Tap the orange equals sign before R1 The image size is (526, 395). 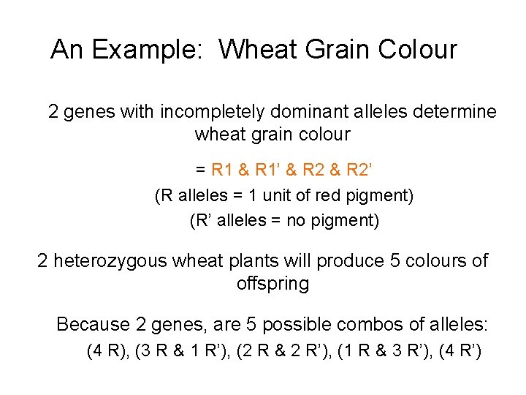(x=200, y=170)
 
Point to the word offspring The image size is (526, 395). (x=272, y=284)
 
